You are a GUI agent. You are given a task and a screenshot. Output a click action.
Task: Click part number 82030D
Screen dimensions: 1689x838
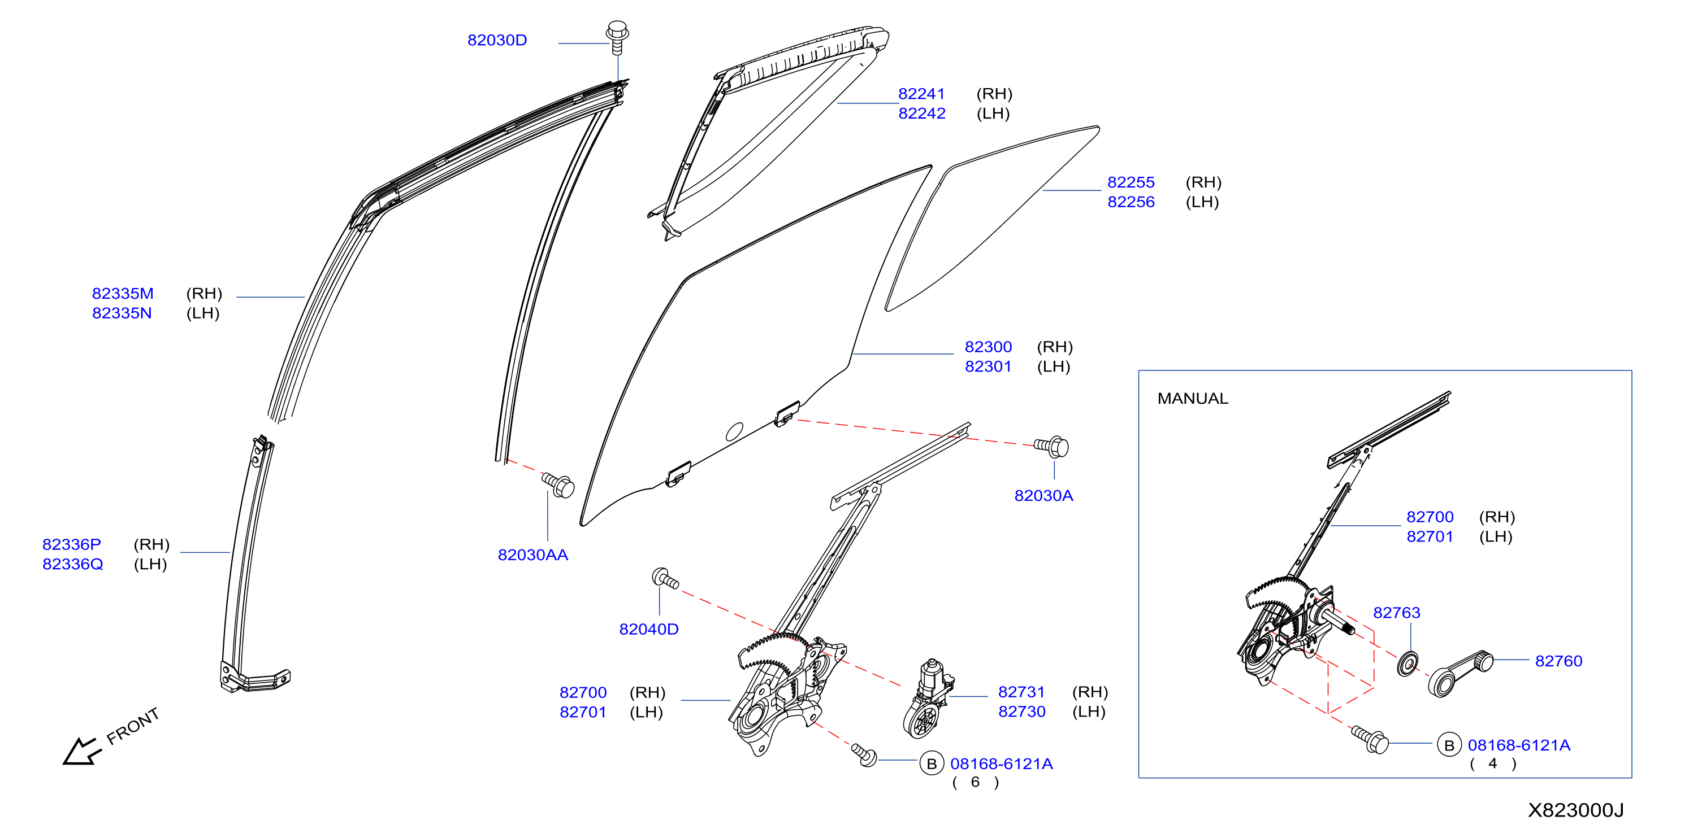coord(497,41)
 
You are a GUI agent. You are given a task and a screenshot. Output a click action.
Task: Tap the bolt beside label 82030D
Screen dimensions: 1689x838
coord(617,37)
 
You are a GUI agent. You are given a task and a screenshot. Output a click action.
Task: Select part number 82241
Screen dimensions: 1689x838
coord(921,94)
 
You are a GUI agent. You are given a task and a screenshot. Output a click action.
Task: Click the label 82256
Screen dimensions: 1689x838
coord(1131,202)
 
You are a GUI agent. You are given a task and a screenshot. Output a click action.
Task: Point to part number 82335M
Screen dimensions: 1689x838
coord(123,294)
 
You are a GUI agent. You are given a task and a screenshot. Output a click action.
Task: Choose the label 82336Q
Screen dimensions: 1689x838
coord(73,564)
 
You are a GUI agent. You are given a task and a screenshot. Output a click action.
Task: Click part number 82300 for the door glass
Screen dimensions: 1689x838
coord(988,347)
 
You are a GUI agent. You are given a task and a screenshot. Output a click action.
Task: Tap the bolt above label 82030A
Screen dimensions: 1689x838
coord(1052,447)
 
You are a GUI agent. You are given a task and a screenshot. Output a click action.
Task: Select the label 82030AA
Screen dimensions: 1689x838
coord(533,555)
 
